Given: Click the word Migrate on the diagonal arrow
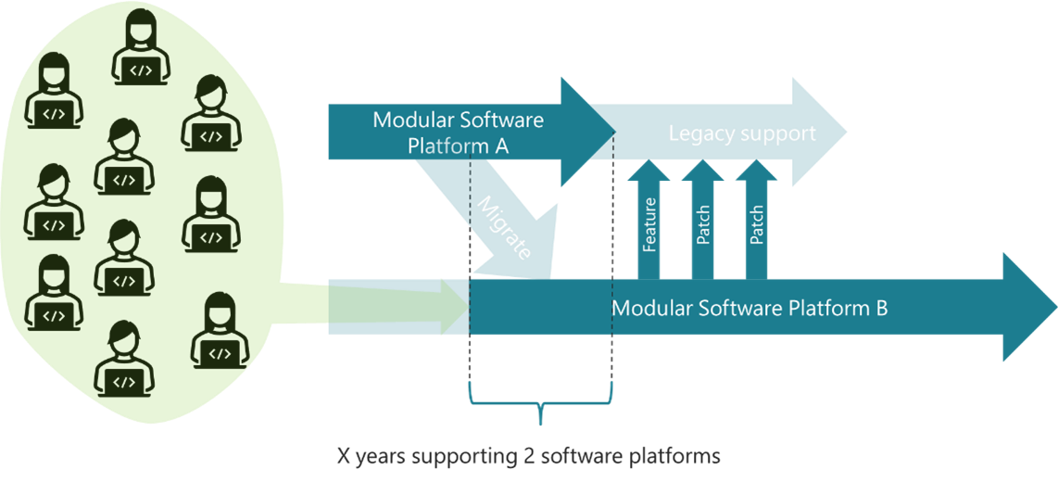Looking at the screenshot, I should pyautogui.click(x=504, y=228).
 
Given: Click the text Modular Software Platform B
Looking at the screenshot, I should pyautogui.click(x=750, y=308).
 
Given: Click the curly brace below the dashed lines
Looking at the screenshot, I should pyautogui.click(x=541, y=408).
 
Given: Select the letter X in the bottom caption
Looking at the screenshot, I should pyautogui.click(x=344, y=457).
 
